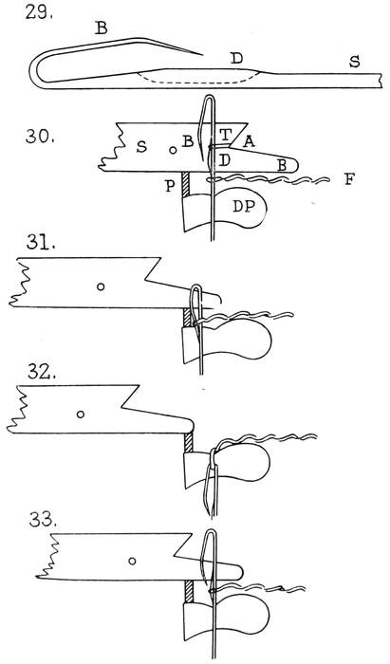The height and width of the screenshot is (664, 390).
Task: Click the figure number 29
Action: (39, 12)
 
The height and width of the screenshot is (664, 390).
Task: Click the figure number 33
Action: (43, 521)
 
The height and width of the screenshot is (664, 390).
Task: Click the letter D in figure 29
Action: (237, 59)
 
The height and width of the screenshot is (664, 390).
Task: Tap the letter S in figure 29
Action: (355, 62)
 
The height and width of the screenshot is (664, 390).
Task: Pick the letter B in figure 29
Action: (101, 28)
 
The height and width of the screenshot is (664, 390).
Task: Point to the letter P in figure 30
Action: (170, 186)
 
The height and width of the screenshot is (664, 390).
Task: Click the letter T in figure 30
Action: (226, 135)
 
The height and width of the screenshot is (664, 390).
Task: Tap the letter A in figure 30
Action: (249, 142)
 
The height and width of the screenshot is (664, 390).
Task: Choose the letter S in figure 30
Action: (141, 147)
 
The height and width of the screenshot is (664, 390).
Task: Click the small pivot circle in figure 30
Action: (173, 150)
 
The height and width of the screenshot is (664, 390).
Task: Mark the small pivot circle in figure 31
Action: (101, 286)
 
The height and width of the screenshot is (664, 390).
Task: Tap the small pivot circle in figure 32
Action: (80, 415)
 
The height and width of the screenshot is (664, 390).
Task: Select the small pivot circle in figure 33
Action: (132, 562)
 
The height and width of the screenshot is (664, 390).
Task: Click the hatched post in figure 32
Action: (189, 443)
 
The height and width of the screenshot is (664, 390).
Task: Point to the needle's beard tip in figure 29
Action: (202, 55)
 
